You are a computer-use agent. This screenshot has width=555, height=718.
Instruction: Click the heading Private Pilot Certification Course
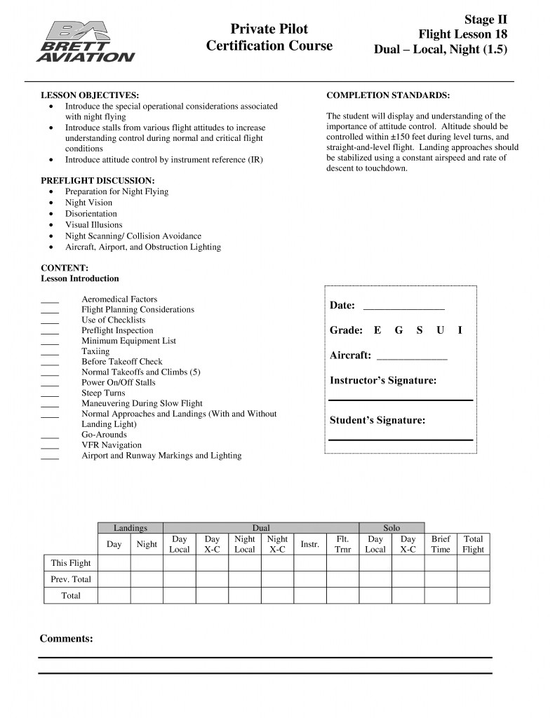click(x=269, y=37)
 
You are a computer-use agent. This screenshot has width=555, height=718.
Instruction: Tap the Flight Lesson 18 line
click(x=462, y=34)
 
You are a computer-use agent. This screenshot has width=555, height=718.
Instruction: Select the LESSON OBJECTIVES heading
click(x=89, y=95)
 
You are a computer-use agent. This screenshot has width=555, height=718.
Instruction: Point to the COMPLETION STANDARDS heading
click(x=388, y=95)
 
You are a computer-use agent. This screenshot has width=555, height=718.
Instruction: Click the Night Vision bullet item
click(x=88, y=203)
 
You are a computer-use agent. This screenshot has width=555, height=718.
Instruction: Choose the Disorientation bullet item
click(x=91, y=214)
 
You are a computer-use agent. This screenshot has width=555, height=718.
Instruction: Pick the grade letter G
click(x=399, y=330)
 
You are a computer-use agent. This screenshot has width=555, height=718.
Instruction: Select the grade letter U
click(x=440, y=330)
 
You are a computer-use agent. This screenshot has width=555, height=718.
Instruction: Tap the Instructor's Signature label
click(x=383, y=381)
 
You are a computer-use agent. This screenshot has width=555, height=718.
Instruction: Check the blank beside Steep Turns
click(x=50, y=395)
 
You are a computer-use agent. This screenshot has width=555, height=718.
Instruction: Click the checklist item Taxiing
click(x=95, y=351)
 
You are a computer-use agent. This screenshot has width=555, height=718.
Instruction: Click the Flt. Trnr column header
click(x=343, y=544)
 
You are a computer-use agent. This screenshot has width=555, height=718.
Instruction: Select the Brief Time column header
click(x=441, y=544)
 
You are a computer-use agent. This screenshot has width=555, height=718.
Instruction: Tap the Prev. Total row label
click(x=71, y=579)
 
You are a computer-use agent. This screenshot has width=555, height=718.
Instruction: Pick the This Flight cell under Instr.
click(x=310, y=562)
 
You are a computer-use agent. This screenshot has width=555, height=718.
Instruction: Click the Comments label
click(x=66, y=639)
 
